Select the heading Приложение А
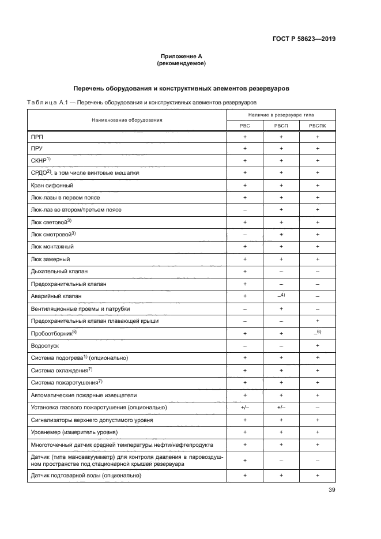181,56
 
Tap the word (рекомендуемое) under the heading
181,63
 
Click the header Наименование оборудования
127,120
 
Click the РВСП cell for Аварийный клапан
281,295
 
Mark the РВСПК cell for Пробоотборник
317,333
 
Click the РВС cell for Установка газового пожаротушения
245,408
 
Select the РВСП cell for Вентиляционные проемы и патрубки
281,308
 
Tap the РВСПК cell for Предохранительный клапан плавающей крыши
317,321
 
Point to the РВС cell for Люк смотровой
245,234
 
